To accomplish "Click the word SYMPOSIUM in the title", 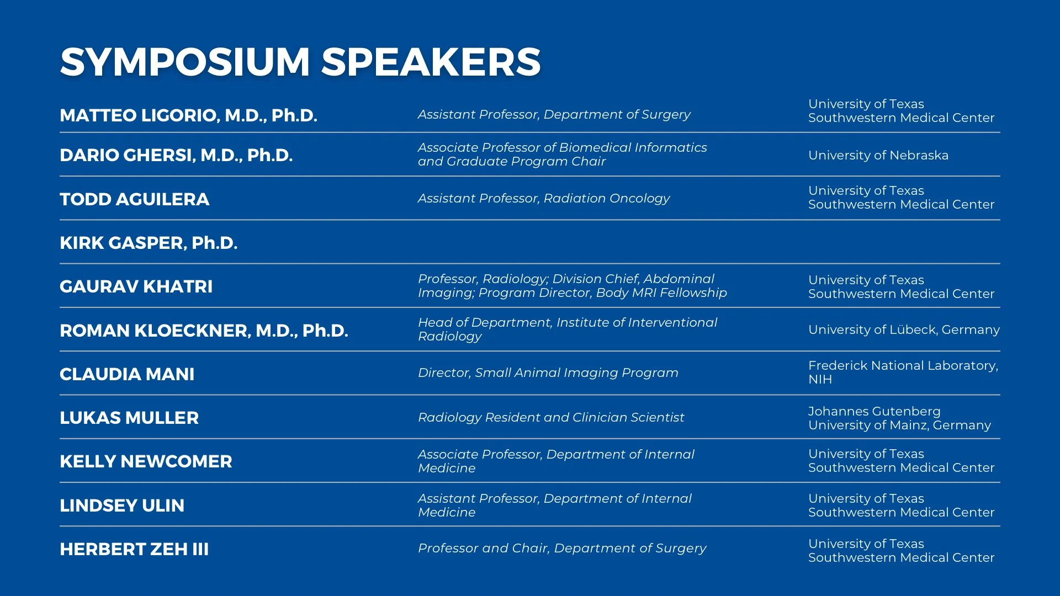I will pos(185,62).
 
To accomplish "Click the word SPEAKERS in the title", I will pos(431,62).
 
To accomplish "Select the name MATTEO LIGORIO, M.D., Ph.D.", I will pos(188,115).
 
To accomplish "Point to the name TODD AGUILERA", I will pos(134,199).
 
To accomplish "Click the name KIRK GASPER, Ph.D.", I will pos(149,243).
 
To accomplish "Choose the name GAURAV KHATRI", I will pos(136,286).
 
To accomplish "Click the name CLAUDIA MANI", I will pos(127,374).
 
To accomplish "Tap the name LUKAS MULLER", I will pos(129,418).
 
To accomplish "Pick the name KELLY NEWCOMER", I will pos(146,461).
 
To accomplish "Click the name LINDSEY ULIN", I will pos(122,505).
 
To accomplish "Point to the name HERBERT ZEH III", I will pos(134,549).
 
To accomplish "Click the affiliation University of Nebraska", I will pos(878,156).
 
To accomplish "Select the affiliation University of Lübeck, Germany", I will pos(904,330).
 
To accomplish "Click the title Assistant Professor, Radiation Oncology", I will pos(543,199).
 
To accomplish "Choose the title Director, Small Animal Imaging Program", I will pos(548,373).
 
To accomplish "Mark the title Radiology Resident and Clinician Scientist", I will pos(550,418).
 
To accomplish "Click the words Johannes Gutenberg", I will pos(874,412).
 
